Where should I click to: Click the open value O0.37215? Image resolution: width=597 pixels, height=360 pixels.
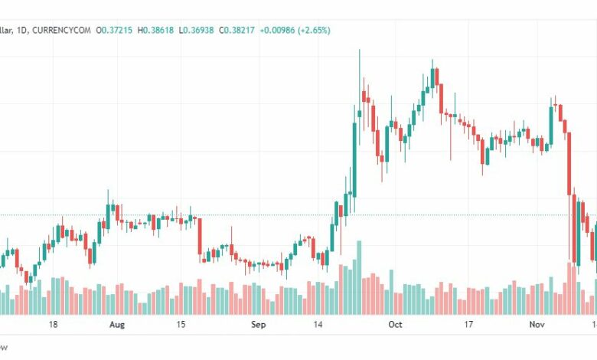pyautogui.click(x=112, y=30)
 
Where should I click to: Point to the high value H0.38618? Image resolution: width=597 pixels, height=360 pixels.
pyautogui.click(x=155, y=30)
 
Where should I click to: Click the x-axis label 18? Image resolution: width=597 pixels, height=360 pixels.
pyautogui.click(x=53, y=325)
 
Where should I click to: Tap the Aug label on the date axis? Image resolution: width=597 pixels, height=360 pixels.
pyautogui.click(x=116, y=325)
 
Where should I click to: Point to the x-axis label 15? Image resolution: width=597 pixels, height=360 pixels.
pyautogui.click(x=181, y=325)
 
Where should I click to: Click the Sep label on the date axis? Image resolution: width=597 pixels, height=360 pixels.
pyautogui.click(x=258, y=325)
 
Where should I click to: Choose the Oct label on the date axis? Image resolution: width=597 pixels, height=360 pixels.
pyautogui.click(x=395, y=325)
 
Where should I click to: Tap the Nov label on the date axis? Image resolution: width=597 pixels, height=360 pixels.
pyautogui.click(x=537, y=325)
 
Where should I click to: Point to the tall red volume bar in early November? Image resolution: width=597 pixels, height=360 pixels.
pyautogui.click(x=569, y=288)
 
